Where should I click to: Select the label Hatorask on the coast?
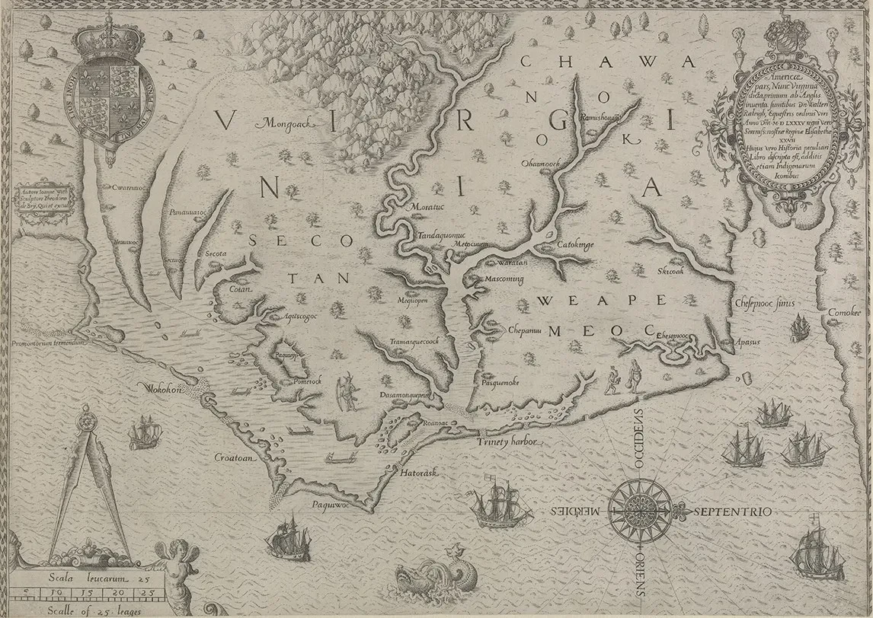[417, 473]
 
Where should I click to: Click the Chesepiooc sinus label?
[765, 303]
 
